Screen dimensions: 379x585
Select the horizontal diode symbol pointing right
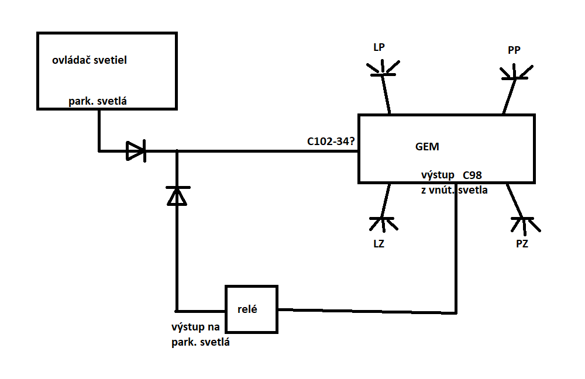click(x=136, y=151)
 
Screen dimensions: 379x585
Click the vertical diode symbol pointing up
click(x=176, y=196)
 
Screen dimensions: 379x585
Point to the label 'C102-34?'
click(x=331, y=141)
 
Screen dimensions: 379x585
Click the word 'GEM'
click(x=426, y=147)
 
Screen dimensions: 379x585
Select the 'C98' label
click(x=472, y=175)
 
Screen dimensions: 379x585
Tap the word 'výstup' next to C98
click(x=437, y=175)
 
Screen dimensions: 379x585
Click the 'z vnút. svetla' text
click(x=454, y=189)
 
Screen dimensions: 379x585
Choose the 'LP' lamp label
click(x=379, y=47)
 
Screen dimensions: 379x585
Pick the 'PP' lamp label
click(x=514, y=51)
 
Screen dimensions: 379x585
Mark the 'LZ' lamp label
click(x=378, y=243)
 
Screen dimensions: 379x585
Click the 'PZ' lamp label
click(x=522, y=244)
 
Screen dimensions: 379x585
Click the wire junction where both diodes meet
click(x=176, y=151)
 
